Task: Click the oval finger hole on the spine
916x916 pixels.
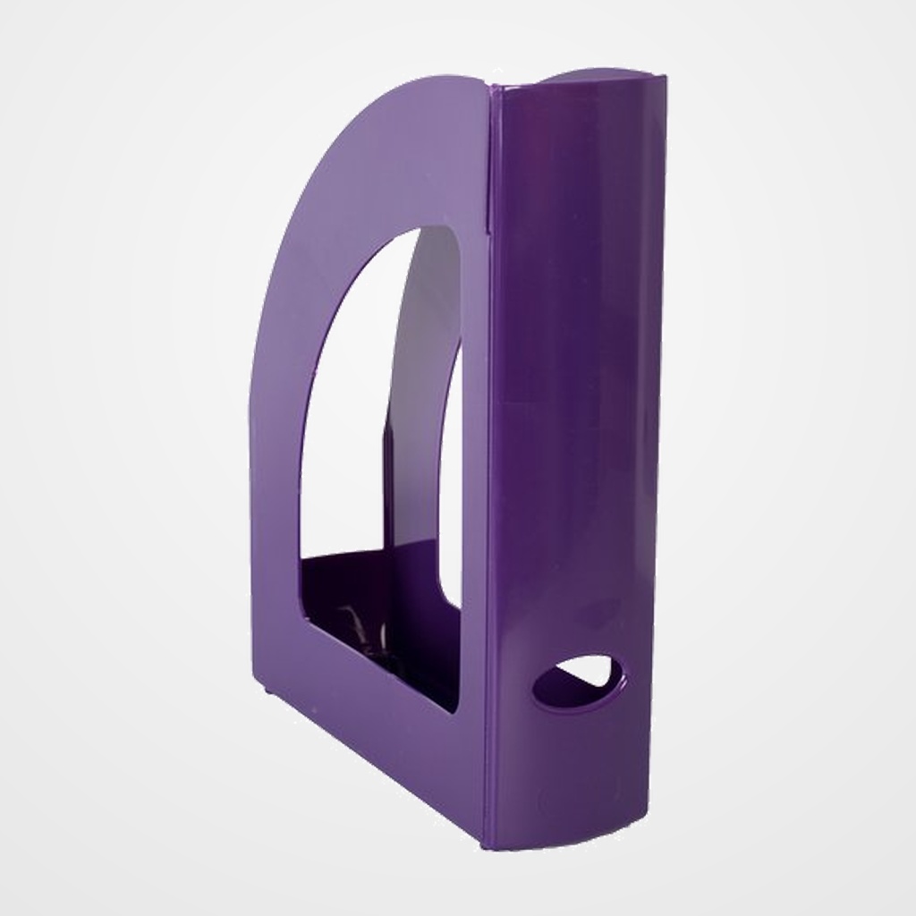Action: click(580, 683)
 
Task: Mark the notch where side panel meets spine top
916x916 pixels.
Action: click(490, 88)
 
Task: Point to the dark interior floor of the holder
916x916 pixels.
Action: click(394, 644)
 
